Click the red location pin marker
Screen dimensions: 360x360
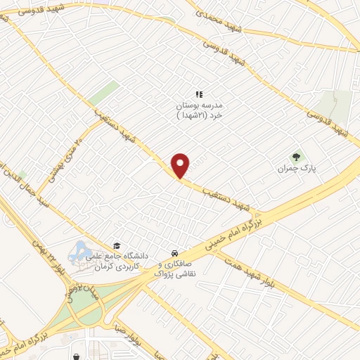click(181, 165)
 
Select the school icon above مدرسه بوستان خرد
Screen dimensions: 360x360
click(199, 94)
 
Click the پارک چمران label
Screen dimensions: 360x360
click(293, 169)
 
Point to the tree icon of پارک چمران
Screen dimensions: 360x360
click(295, 157)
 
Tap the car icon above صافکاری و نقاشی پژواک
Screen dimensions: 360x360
click(174, 253)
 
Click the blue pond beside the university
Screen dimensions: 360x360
click(79, 251)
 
